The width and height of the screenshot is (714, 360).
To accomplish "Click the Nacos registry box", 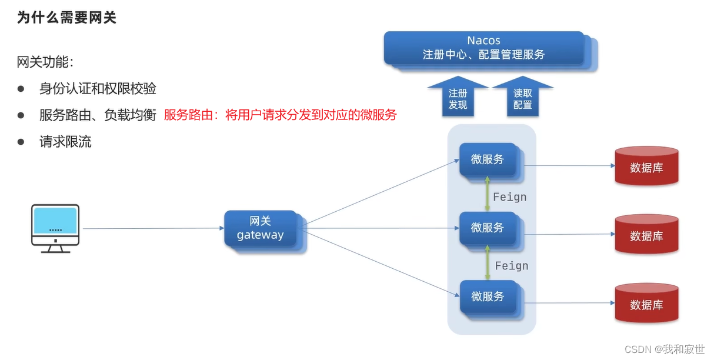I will pyautogui.click(x=483, y=48).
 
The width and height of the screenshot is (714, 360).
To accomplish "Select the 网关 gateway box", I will pyautogui.click(x=260, y=228).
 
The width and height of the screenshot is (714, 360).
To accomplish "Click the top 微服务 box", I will pyautogui.click(x=488, y=159).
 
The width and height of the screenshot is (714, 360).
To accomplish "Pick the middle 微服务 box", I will pyautogui.click(x=488, y=228).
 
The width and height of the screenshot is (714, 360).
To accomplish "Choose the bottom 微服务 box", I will pyautogui.click(x=488, y=296).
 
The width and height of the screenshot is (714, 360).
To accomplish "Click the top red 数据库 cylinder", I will pyautogui.click(x=646, y=167).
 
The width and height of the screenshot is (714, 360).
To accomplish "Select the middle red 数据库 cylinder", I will pyautogui.click(x=646, y=235).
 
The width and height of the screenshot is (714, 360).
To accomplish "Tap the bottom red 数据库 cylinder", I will pyautogui.click(x=646, y=304).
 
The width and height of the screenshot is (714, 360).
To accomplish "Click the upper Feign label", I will pyautogui.click(x=509, y=197).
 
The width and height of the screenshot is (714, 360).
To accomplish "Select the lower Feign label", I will pyautogui.click(x=511, y=266).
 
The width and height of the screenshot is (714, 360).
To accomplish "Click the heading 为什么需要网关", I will pyautogui.click(x=66, y=18).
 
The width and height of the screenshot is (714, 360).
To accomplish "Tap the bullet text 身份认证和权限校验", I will pyautogui.click(x=98, y=89).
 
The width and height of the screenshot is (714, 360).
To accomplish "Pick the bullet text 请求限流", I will pyautogui.click(x=65, y=142).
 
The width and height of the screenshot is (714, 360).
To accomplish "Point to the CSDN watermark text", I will pyautogui.click(x=664, y=349).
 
